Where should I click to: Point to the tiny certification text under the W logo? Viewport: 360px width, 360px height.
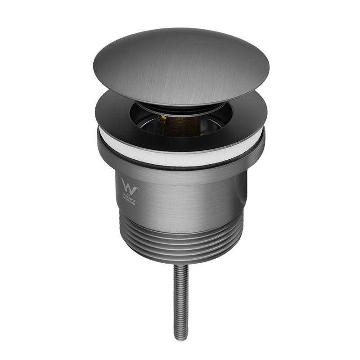click(130, 198)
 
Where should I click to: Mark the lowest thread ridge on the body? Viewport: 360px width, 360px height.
click(180, 258)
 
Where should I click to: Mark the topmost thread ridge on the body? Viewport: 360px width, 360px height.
click(180, 225)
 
